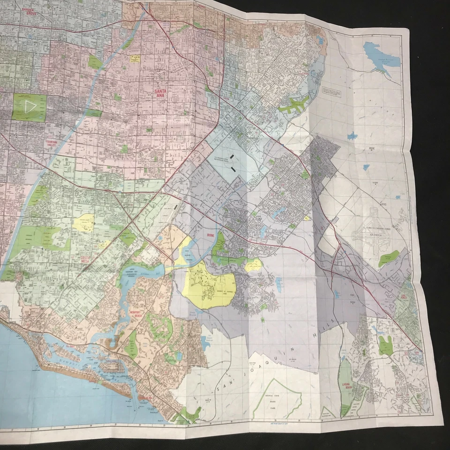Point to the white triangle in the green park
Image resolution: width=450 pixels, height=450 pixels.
click(x=30, y=106)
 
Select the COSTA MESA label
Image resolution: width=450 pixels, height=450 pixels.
click(x=84, y=257)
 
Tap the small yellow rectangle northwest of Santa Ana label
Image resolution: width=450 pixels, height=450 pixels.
click(x=135, y=59)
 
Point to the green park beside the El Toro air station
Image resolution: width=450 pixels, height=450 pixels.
click(x=388, y=258)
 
